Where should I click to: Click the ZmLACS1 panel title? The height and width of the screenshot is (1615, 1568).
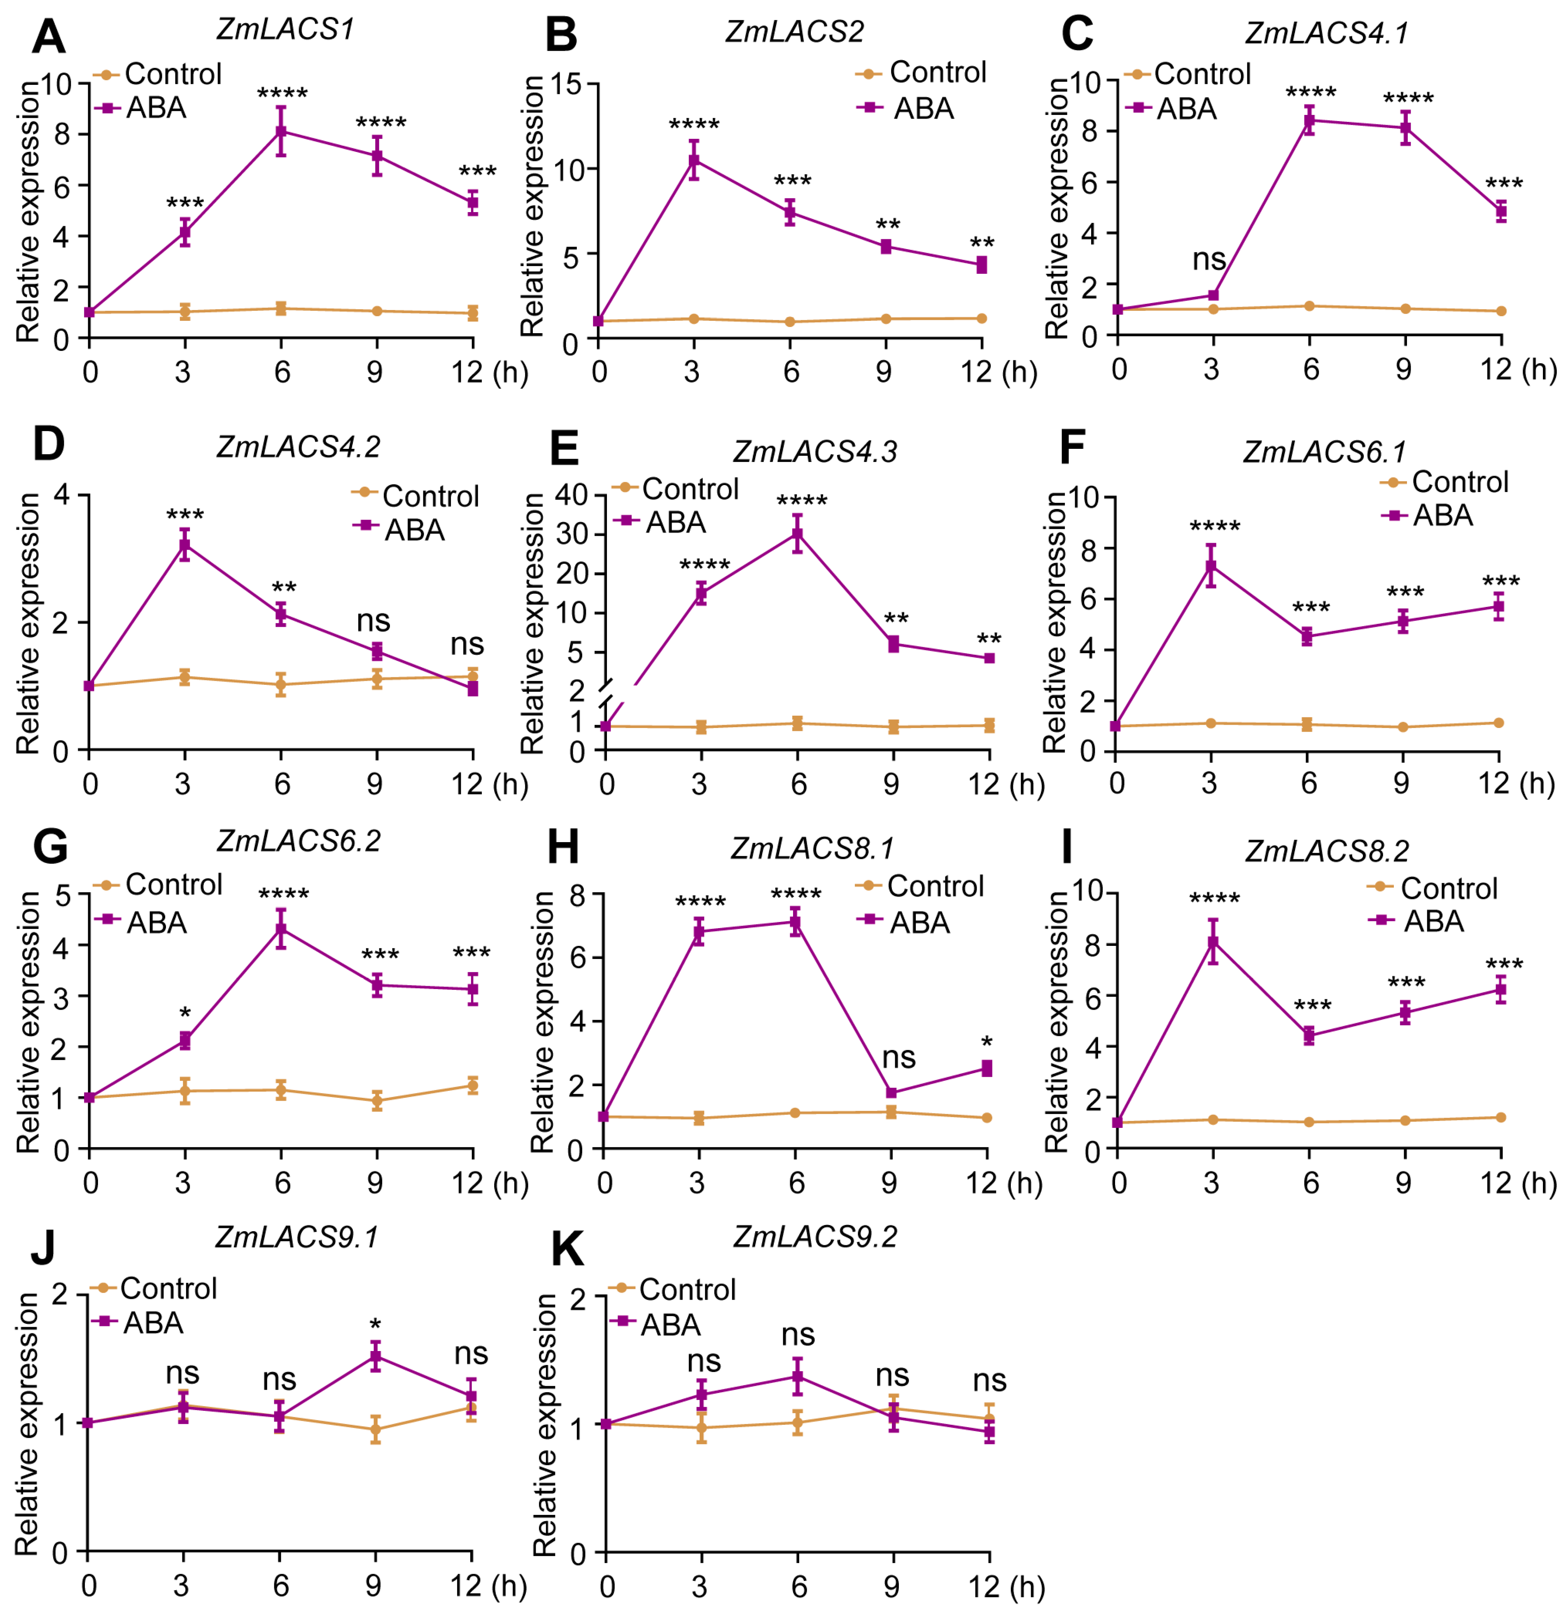(x=285, y=30)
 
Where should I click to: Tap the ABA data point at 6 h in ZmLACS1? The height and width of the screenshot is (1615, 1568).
(x=281, y=131)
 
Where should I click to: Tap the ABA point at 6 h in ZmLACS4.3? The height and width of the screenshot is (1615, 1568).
(x=797, y=534)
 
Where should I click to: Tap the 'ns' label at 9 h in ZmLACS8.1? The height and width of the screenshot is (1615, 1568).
(x=898, y=1057)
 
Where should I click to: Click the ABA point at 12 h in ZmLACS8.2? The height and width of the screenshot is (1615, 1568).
(x=1500, y=990)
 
